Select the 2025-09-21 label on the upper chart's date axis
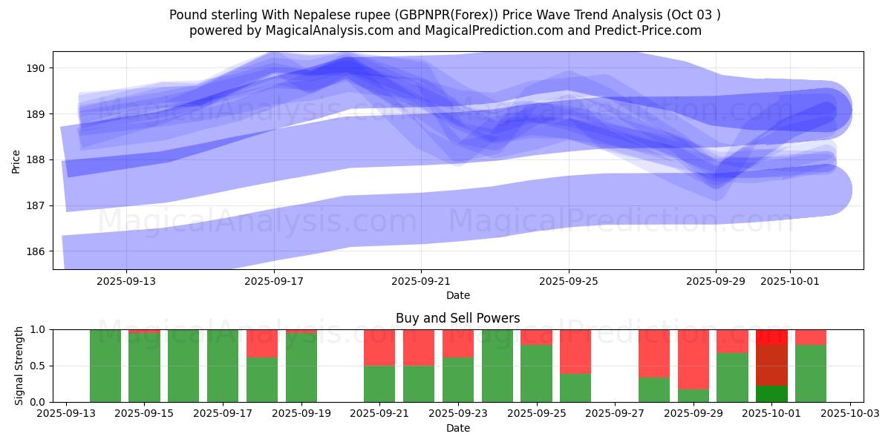pos(421,281)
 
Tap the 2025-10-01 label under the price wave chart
pos(789,281)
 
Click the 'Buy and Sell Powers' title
pos(457,318)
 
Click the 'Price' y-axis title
pos(16,160)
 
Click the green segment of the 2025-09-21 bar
pos(379,383)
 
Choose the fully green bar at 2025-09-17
pos(223,366)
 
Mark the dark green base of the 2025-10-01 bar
pos(771,394)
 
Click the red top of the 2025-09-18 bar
pos(262,343)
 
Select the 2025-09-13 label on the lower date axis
pos(67,413)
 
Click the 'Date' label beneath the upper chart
pos(457,295)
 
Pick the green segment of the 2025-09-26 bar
pos(575,387)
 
